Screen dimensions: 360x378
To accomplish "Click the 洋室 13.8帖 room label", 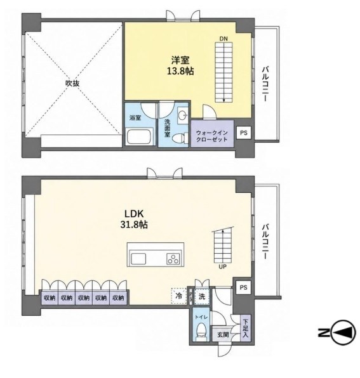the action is pyautogui.click(x=180, y=65).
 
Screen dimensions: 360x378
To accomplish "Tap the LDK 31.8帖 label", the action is pyautogui.click(x=134, y=219).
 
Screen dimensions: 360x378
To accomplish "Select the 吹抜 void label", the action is pyautogui.click(x=72, y=84).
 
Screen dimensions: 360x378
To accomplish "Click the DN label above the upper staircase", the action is pyautogui.click(x=223, y=39).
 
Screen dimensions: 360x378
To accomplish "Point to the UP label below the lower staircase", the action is pyautogui.click(x=222, y=267).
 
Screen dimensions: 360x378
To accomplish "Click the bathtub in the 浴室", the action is pyautogui.click(x=140, y=137).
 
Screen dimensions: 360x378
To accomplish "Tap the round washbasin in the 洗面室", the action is pyautogui.click(x=182, y=115).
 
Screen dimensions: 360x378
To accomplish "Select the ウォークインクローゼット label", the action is pyautogui.click(x=212, y=136).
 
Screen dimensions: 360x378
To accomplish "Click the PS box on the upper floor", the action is pyautogui.click(x=244, y=133).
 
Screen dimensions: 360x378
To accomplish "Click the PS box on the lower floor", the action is pyautogui.click(x=244, y=287).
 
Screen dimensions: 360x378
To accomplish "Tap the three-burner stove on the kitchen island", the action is pyautogui.click(x=173, y=259).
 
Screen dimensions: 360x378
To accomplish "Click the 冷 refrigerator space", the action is pyautogui.click(x=179, y=296).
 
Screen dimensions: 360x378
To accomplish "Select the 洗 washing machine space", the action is pyautogui.click(x=202, y=296).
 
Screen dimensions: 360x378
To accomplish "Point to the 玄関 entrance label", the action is pyautogui.click(x=223, y=335).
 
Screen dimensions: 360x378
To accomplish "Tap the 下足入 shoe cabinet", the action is pyautogui.click(x=246, y=328).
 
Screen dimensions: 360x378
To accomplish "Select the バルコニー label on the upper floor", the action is pyautogui.click(x=265, y=84).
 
